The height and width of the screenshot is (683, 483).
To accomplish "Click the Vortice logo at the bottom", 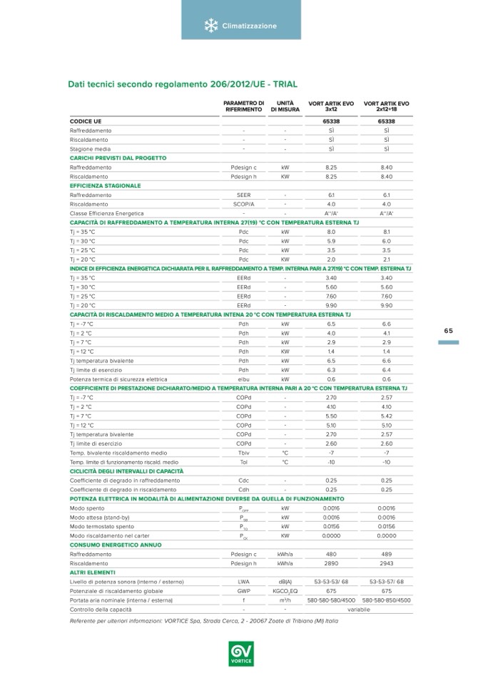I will coord(241,652).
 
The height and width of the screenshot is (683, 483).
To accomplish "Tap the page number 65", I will coord(448,330).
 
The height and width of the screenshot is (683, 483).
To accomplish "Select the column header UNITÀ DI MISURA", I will coord(285,106).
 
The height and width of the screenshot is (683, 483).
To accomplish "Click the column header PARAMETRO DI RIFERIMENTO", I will coord(244,106).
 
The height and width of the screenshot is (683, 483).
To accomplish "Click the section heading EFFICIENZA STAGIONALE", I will coord(104,185).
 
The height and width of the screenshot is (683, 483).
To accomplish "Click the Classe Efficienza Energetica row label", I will coord(106,213).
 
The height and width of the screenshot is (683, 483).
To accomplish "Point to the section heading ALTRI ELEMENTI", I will coord(88,572).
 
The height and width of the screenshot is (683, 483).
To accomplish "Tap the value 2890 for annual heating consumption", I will coord(331,563).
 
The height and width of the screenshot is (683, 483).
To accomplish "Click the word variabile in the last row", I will coord(359,610).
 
